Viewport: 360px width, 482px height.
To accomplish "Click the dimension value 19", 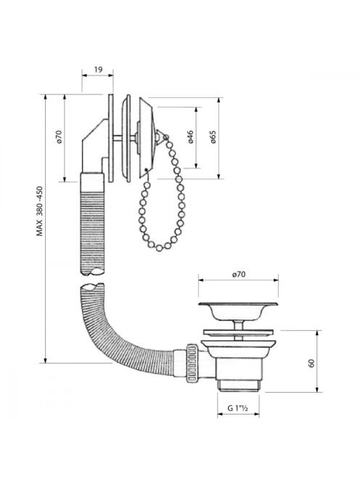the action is pos(98,70).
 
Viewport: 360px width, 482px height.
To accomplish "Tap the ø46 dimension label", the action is pos(191,137).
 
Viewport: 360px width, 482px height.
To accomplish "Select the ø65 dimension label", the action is pos(213,137).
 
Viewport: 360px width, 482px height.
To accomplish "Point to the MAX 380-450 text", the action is pos(40,211).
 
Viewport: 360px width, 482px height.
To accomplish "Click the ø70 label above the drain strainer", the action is pos(239,274).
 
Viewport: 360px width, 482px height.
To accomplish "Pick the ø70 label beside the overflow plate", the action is pos(59,136).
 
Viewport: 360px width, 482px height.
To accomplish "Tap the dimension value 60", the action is pos(311,364).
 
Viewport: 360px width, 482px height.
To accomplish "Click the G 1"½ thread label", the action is pos(237,408).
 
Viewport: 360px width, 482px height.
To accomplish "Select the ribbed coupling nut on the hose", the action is pos(192,364).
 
